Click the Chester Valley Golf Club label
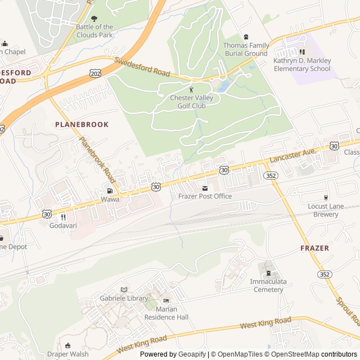point(191,101)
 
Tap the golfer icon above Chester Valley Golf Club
point(191,89)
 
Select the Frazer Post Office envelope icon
point(205,187)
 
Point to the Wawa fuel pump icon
point(110,191)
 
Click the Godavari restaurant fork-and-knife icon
point(63,217)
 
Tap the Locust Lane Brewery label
point(326,210)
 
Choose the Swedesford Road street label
point(142,68)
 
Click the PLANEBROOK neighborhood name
point(82,124)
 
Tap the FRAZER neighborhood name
point(314,248)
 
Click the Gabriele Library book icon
point(124,290)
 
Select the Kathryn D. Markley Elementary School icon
point(302,52)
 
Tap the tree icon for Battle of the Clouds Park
point(94,19)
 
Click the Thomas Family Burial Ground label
point(245,49)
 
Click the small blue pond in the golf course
point(224,87)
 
